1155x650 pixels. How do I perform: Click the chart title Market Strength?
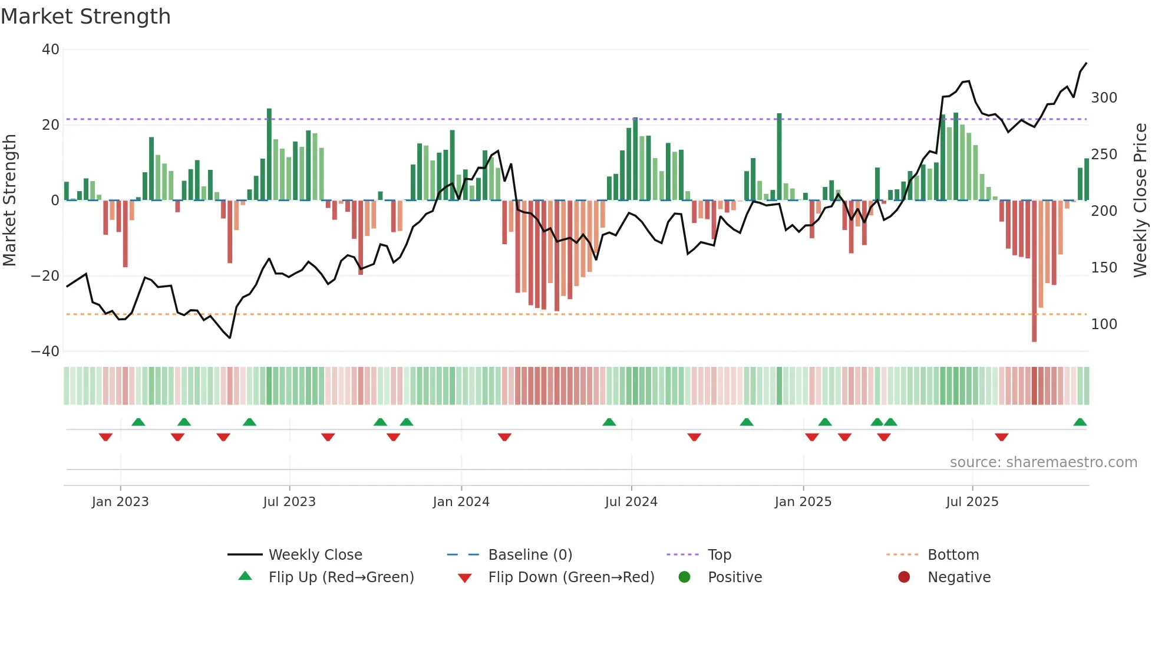[x=85, y=17]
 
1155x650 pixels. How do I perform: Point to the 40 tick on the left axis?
[x=51, y=50]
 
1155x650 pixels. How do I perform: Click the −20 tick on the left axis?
[x=45, y=276]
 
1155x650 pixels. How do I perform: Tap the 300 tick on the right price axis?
[x=1104, y=98]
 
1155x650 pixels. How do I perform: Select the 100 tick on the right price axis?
[x=1104, y=324]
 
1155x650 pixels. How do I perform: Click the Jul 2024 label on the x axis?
[x=631, y=502]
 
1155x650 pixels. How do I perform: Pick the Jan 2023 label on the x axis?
[x=120, y=502]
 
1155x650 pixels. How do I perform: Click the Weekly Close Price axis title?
[x=1140, y=201]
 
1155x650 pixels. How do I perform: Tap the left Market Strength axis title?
[x=10, y=201]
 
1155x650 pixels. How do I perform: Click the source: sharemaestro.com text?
[x=1043, y=462]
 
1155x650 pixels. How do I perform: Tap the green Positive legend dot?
[x=684, y=577]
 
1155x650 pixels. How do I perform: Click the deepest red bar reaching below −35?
[x=1034, y=271]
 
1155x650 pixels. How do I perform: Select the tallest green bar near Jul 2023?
[x=269, y=155]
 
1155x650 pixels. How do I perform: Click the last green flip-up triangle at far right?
[x=1080, y=422]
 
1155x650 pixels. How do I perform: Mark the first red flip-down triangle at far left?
[x=105, y=437]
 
